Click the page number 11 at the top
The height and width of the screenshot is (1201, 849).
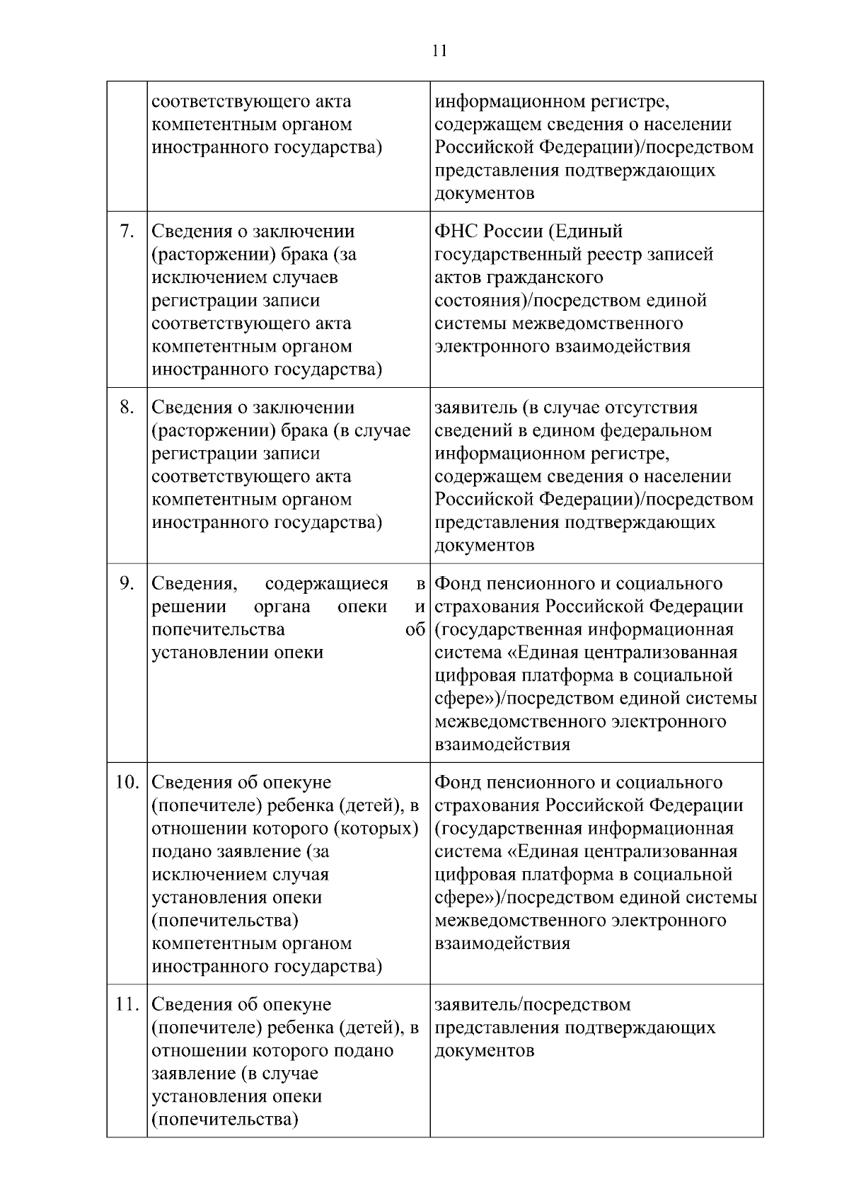[439, 51]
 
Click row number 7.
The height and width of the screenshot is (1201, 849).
[127, 231]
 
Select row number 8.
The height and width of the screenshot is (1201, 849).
[127, 408]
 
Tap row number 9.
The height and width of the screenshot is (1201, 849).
[127, 584]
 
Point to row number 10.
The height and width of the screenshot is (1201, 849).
[127, 783]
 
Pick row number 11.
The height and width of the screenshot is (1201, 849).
[127, 1005]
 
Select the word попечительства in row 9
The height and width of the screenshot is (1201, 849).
[218, 630]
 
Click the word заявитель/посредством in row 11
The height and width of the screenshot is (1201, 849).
[532, 1005]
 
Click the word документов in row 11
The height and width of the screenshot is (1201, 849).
[484, 1051]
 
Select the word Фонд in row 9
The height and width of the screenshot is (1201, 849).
[457, 584]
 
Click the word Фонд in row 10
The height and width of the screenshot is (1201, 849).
[457, 783]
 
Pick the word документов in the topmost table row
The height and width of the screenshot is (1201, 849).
[484, 193]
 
